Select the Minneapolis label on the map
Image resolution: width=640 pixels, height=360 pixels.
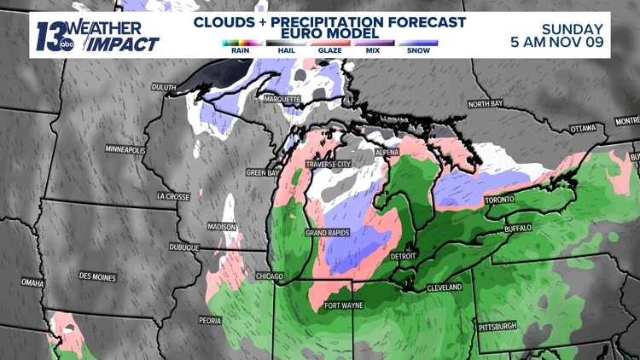(125, 149)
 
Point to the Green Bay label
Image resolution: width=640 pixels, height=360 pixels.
(263, 172)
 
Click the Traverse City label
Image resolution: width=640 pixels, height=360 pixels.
(328, 164)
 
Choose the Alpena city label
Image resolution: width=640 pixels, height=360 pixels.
(387, 152)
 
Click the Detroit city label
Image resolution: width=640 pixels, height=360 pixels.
(403, 256)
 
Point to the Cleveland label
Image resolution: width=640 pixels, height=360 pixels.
(444, 287)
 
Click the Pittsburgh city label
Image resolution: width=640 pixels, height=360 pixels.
(497, 326)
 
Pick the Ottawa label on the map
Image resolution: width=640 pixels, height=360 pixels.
(583, 128)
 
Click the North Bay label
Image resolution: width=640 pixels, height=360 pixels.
(485, 104)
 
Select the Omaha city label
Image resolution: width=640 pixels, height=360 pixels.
(32, 282)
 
